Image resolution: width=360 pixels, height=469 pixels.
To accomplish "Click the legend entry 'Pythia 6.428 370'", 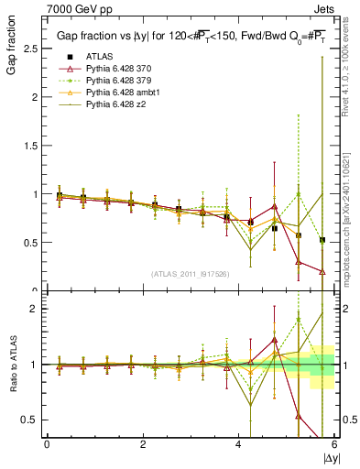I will pyautogui.click(x=118, y=69).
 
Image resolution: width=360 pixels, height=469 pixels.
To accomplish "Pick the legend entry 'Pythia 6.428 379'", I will pyautogui.click(x=118, y=82).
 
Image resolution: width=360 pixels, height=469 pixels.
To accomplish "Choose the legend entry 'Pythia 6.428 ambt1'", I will pyautogui.click(x=122, y=94).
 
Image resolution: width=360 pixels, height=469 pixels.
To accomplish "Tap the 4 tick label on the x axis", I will pyautogui.click(x=239, y=444).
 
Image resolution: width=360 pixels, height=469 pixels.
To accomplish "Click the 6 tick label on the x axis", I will pyautogui.click(x=334, y=444).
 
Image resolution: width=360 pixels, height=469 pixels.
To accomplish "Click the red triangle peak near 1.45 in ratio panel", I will pyautogui.click(x=275, y=339).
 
